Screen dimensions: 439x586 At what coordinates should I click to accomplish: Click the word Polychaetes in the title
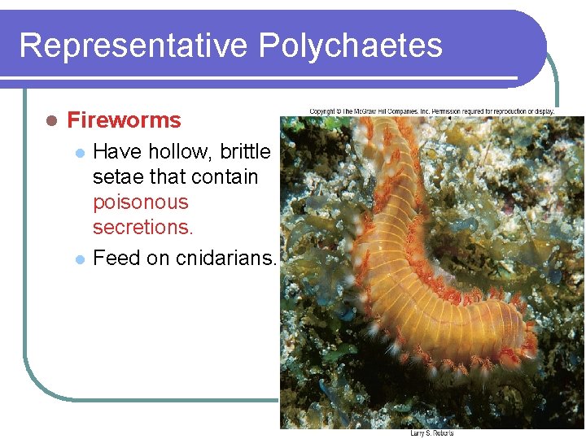(351, 46)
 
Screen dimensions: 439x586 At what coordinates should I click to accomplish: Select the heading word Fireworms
(124, 120)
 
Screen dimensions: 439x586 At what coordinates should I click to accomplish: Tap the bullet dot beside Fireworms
(50, 120)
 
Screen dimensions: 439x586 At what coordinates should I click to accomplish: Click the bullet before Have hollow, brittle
(79, 153)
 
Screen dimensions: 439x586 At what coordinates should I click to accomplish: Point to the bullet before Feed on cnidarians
(79, 259)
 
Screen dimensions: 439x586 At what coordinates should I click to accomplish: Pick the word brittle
(245, 152)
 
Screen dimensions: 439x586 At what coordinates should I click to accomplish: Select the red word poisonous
(140, 202)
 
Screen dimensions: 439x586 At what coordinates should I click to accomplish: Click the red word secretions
(142, 228)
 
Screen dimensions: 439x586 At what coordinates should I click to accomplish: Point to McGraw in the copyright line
(365, 111)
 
